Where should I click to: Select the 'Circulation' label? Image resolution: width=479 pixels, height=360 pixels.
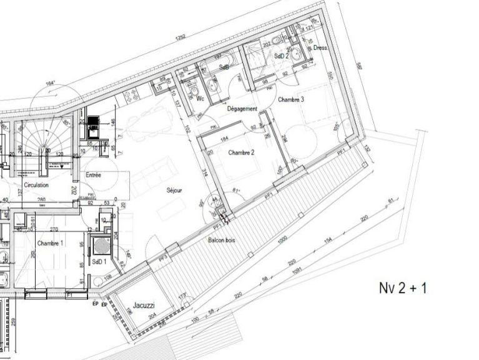[x=36, y=186]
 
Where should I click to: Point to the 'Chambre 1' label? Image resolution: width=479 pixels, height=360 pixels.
[x=51, y=242]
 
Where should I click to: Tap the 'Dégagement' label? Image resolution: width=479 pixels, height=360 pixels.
[x=242, y=109]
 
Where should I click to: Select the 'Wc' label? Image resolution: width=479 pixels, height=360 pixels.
[x=200, y=99]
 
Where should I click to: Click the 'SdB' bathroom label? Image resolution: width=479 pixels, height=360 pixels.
[x=224, y=66]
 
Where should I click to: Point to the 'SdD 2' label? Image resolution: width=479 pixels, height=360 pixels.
[x=282, y=56]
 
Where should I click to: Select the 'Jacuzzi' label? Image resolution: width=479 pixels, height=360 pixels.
[x=144, y=306]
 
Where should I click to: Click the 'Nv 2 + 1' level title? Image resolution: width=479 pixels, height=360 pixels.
[x=404, y=288]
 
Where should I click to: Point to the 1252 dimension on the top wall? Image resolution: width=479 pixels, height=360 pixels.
[x=180, y=38]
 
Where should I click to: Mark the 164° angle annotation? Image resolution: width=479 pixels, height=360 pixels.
[x=51, y=82]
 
